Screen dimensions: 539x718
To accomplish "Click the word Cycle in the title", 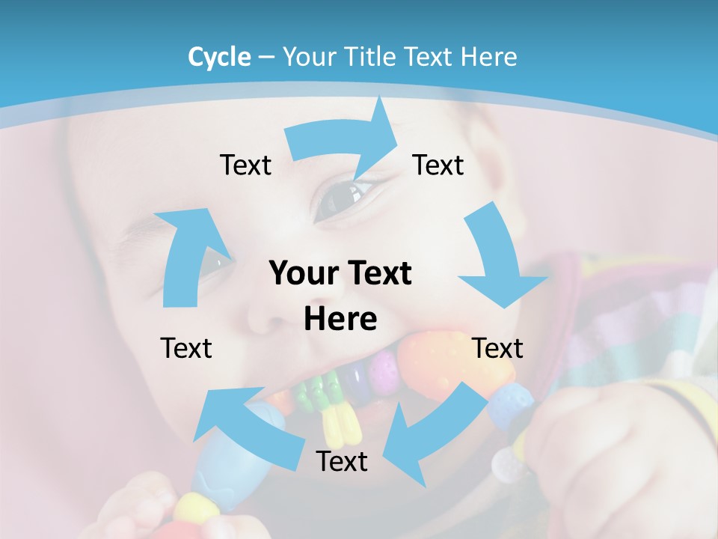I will [219, 56].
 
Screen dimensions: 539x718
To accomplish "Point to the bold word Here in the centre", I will [340, 319].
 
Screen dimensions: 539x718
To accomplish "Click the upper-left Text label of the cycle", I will [245, 165].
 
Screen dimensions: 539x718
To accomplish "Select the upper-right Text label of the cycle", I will [438, 165].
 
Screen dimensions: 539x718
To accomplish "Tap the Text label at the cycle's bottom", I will [342, 461].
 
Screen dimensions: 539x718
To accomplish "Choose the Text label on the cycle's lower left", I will [186, 348].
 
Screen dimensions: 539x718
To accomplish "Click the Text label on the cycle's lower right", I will [497, 348].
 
